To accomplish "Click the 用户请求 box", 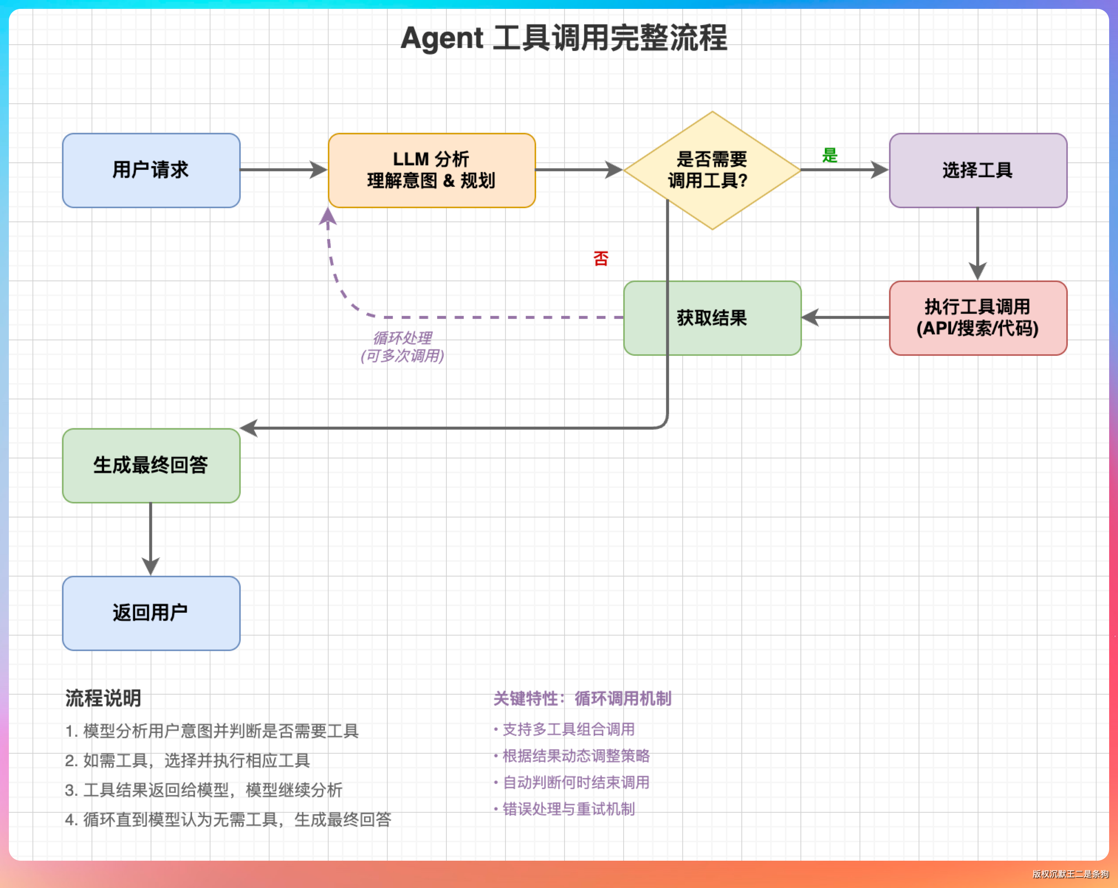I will click(x=151, y=170).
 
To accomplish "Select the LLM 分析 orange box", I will click(x=432, y=170).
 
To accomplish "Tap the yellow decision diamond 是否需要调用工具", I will click(x=712, y=170).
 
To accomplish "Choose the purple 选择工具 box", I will click(x=977, y=170).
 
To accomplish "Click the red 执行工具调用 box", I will click(x=977, y=318).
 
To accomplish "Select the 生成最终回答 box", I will click(x=151, y=465).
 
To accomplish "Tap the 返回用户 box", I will click(x=151, y=613).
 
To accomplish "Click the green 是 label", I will click(x=830, y=155).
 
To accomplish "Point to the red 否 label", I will click(x=600, y=258).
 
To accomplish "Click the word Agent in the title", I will click(x=442, y=38).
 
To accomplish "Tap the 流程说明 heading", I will click(x=103, y=698).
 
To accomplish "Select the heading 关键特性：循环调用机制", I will click(x=582, y=698).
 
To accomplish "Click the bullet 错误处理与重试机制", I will click(x=568, y=809).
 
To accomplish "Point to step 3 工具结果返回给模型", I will click(x=203, y=790).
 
